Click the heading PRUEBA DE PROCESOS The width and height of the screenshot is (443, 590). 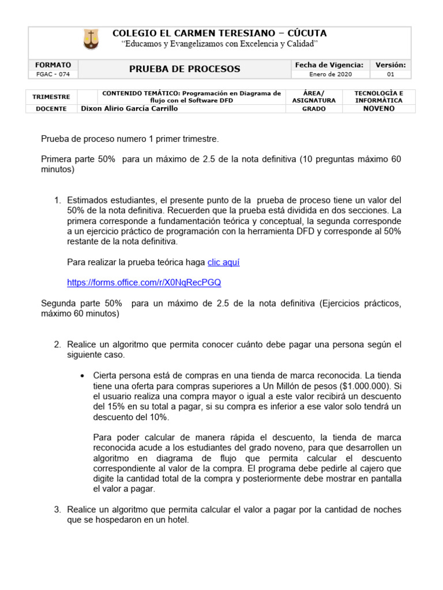click(x=185, y=69)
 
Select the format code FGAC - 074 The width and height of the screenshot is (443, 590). click(x=52, y=74)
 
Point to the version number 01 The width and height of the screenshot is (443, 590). click(x=391, y=74)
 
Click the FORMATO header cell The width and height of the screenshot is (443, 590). click(x=52, y=65)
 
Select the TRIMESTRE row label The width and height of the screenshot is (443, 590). click(x=51, y=97)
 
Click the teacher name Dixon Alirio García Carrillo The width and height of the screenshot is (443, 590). click(x=129, y=108)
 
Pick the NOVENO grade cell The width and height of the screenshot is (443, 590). click(x=378, y=108)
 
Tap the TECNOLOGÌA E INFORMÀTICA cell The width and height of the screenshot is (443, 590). click(x=378, y=96)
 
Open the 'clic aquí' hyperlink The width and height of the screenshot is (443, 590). click(x=223, y=262)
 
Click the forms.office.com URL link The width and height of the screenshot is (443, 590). click(x=144, y=283)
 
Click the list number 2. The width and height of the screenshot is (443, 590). click(x=57, y=345)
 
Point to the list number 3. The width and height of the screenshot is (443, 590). click(x=57, y=509)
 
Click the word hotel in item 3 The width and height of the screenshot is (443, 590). click(x=177, y=520)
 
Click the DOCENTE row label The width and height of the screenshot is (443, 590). click(x=51, y=108)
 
